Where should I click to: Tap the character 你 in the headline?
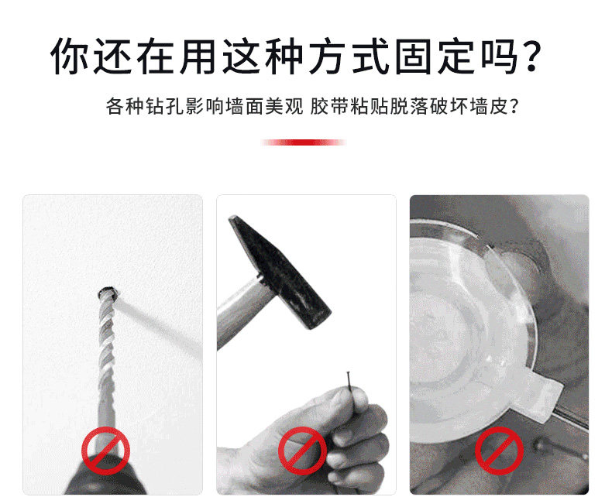click(70, 56)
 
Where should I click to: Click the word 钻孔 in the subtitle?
click(166, 106)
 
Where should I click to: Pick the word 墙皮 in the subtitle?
click(489, 106)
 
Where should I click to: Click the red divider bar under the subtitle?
click(304, 142)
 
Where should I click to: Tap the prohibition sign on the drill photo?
click(105, 451)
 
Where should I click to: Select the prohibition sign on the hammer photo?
click(302, 451)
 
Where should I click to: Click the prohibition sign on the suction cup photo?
click(499, 451)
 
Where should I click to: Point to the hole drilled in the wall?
click(108, 293)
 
